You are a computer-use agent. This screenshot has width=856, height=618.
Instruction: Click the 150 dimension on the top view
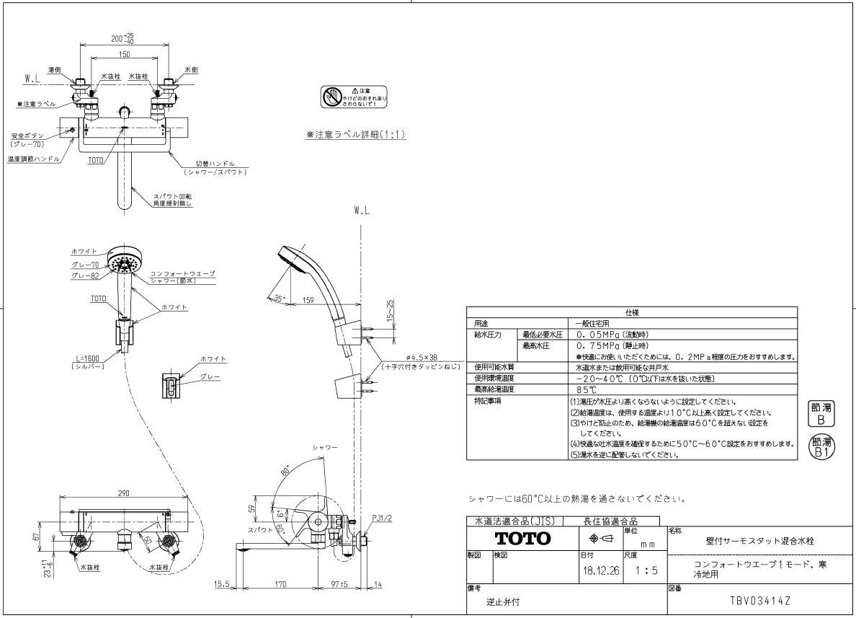click(124, 54)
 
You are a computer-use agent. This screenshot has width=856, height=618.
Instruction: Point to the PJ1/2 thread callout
click(382, 518)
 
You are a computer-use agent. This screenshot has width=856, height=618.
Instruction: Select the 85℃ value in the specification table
click(586, 389)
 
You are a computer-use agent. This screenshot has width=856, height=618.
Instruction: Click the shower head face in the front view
click(123, 262)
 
